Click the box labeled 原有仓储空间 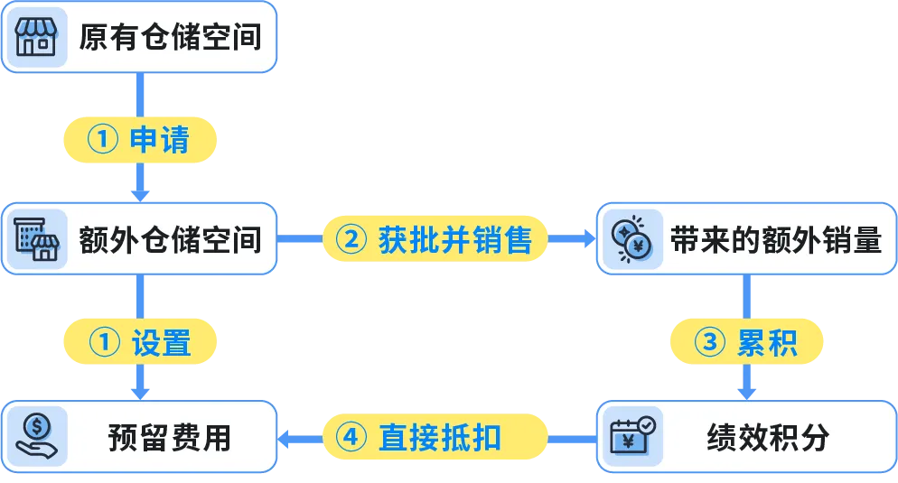coord(138,37)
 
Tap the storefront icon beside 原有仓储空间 coord(36,37)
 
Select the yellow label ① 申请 coord(139,140)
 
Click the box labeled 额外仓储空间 coord(138,239)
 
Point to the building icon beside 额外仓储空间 coord(36,239)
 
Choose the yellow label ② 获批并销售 coord(435,239)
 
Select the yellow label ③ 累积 coord(746,343)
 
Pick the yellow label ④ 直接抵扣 coord(435,438)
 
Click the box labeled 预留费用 coord(138,438)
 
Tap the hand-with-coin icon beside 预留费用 coord(36,438)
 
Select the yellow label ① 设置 coord(139,343)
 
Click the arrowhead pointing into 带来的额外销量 coord(587,239)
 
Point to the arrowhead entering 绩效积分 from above coord(747,392)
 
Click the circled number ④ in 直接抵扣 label coord(351,438)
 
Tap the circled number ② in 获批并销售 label coord(351,239)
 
